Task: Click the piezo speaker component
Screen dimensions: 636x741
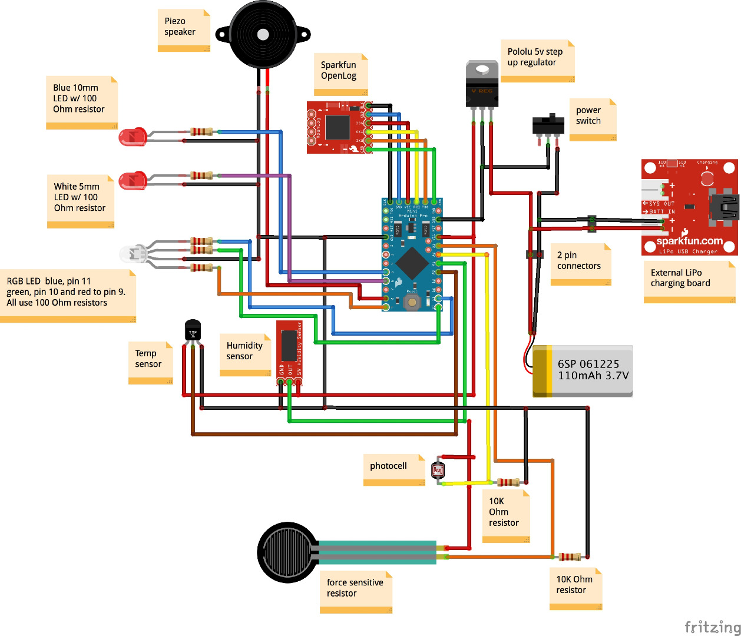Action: [263, 35]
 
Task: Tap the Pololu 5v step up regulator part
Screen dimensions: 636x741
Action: [482, 85]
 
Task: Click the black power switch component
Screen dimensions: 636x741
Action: [548, 125]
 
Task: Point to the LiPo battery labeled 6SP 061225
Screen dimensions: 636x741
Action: [583, 371]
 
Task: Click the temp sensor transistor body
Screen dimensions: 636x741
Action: [193, 330]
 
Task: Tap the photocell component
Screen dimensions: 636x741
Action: [438, 471]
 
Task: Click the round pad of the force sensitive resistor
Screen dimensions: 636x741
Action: [287, 552]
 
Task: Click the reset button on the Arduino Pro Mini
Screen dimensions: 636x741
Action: [412, 302]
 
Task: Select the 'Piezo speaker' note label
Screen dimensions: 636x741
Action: [183, 29]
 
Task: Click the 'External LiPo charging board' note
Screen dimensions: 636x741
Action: [689, 281]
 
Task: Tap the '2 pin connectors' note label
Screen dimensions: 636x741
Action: [580, 264]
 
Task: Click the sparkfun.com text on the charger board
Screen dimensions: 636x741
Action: [689, 241]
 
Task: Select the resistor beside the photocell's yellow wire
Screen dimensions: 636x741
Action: [508, 482]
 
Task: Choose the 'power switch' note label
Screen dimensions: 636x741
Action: [592, 118]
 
